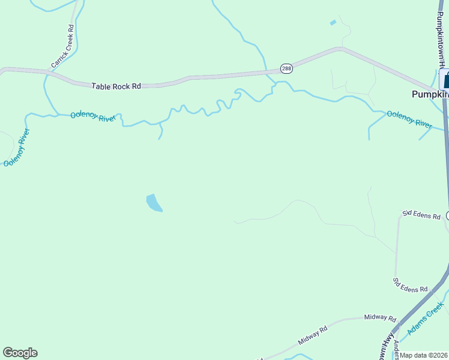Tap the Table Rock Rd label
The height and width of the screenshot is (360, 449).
tap(116, 86)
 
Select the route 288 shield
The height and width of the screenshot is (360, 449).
tap(286, 69)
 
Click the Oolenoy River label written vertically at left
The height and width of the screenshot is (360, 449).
tap(16, 147)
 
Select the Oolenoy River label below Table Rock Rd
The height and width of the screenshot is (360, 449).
tap(92, 116)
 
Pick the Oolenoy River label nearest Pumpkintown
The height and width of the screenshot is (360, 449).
tap(409, 119)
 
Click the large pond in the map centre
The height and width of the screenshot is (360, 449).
tap(154, 203)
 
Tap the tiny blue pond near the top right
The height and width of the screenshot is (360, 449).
tap(333, 23)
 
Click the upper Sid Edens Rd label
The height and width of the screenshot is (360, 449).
tap(421, 215)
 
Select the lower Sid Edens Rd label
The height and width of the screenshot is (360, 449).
tap(410, 284)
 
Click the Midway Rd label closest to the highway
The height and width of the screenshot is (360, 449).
tap(381, 318)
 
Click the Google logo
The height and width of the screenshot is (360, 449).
tap(20, 353)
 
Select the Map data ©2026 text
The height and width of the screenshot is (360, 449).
tap(424, 355)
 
